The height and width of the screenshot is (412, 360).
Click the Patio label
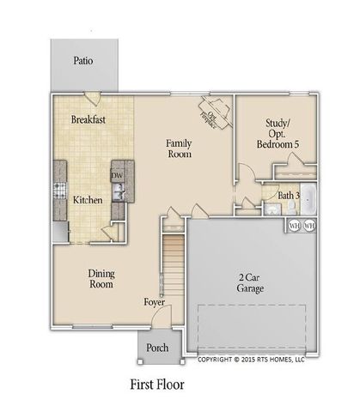point(82,61)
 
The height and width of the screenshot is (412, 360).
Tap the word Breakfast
point(88,120)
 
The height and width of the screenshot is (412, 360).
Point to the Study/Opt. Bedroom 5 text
point(278,138)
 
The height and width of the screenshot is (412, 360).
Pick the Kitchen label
point(88,200)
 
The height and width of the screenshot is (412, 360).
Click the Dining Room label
point(101,279)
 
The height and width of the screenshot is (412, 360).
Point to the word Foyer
point(155,302)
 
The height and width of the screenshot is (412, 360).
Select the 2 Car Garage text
point(250,284)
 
